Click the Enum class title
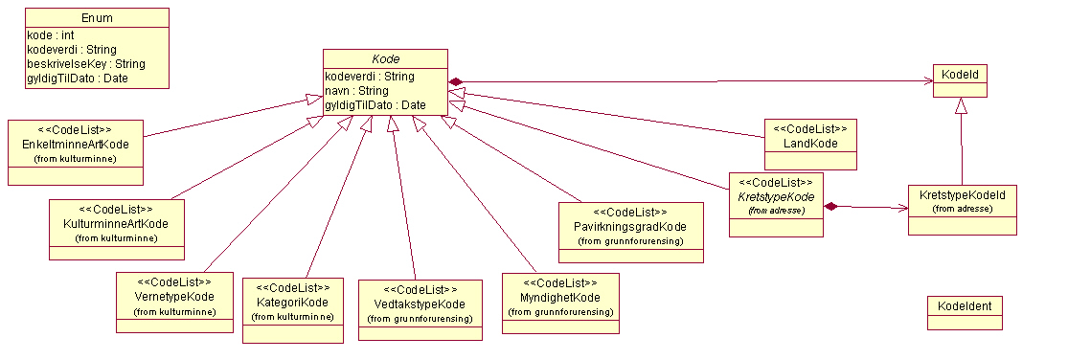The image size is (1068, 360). click(96, 18)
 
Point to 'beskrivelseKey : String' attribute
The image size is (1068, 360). click(85, 63)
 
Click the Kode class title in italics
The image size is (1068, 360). click(385, 59)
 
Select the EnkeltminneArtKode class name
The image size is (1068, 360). click(75, 143)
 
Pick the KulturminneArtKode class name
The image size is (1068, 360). click(116, 223)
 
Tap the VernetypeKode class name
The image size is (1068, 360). click(174, 297)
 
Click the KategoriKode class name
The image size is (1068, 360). click(292, 302)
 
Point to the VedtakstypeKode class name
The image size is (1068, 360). click(420, 304)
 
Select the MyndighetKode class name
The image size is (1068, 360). click(560, 298)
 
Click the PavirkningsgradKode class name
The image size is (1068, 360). click(631, 227)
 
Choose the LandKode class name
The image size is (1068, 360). click(810, 144)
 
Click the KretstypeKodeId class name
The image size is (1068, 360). click(963, 192)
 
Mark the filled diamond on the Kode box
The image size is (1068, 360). click(457, 81)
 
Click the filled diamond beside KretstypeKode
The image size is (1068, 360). click(832, 205)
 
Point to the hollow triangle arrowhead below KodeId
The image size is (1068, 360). click(962, 106)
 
